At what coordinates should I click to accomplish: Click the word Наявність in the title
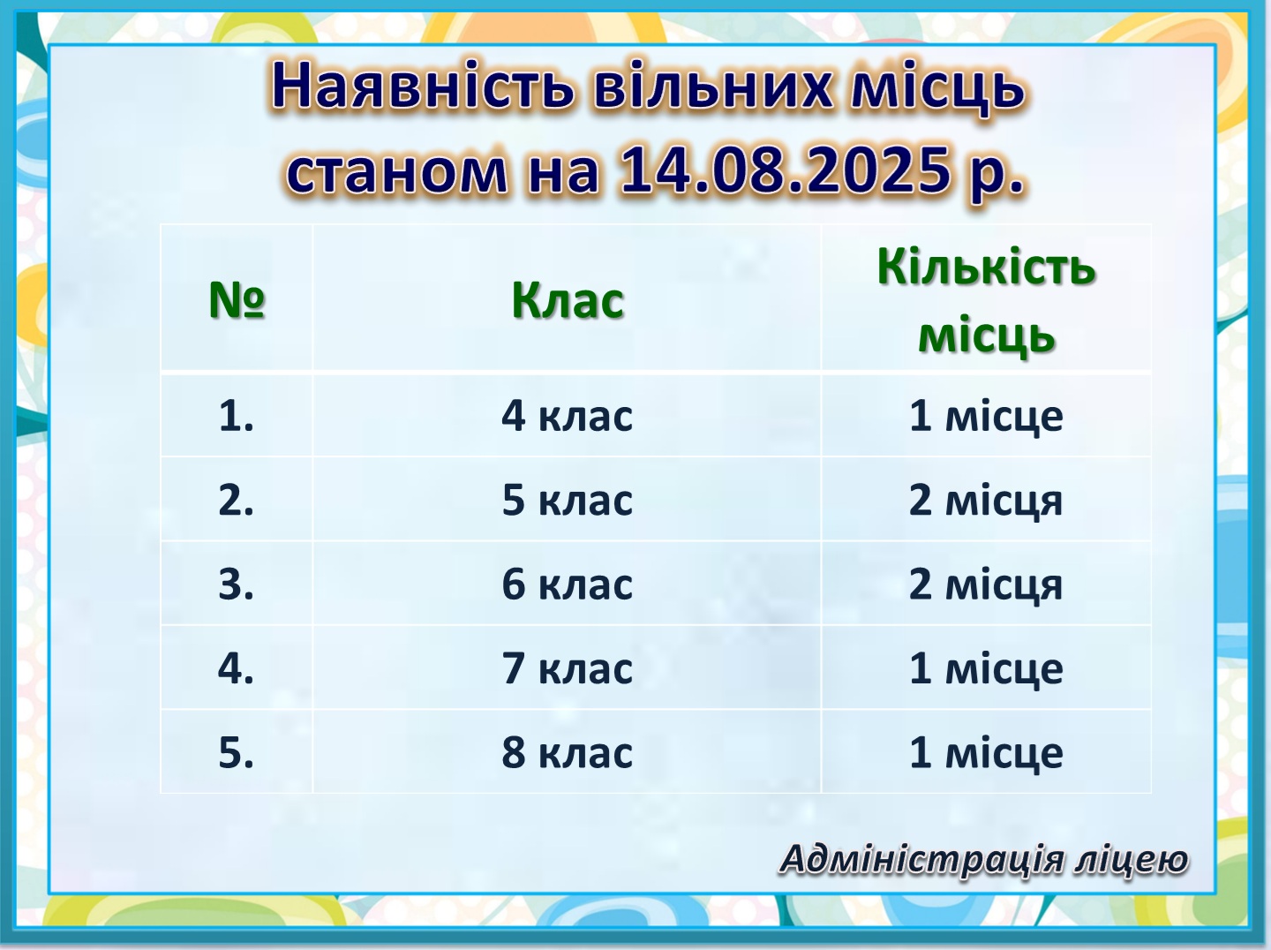click(423, 86)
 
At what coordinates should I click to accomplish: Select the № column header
click(237, 299)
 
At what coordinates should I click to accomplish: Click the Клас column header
click(568, 301)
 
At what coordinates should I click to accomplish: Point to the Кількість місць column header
click(986, 301)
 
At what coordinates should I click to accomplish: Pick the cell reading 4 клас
click(567, 416)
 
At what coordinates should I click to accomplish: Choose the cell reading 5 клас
click(567, 500)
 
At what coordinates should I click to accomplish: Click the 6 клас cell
click(567, 584)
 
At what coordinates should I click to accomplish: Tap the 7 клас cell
click(567, 668)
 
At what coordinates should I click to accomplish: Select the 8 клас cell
click(567, 752)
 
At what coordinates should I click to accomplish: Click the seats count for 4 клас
click(986, 416)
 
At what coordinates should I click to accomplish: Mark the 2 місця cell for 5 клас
click(986, 501)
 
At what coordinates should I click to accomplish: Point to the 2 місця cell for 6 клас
click(986, 584)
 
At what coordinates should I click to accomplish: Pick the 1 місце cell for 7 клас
click(986, 668)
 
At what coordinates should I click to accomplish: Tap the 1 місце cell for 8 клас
click(986, 752)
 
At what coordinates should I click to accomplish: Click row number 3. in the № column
click(237, 584)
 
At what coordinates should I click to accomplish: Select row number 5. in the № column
click(237, 752)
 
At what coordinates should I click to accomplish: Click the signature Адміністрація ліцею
click(984, 859)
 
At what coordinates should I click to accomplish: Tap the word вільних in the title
click(713, 86)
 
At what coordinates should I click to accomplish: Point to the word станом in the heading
click(396, 173)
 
